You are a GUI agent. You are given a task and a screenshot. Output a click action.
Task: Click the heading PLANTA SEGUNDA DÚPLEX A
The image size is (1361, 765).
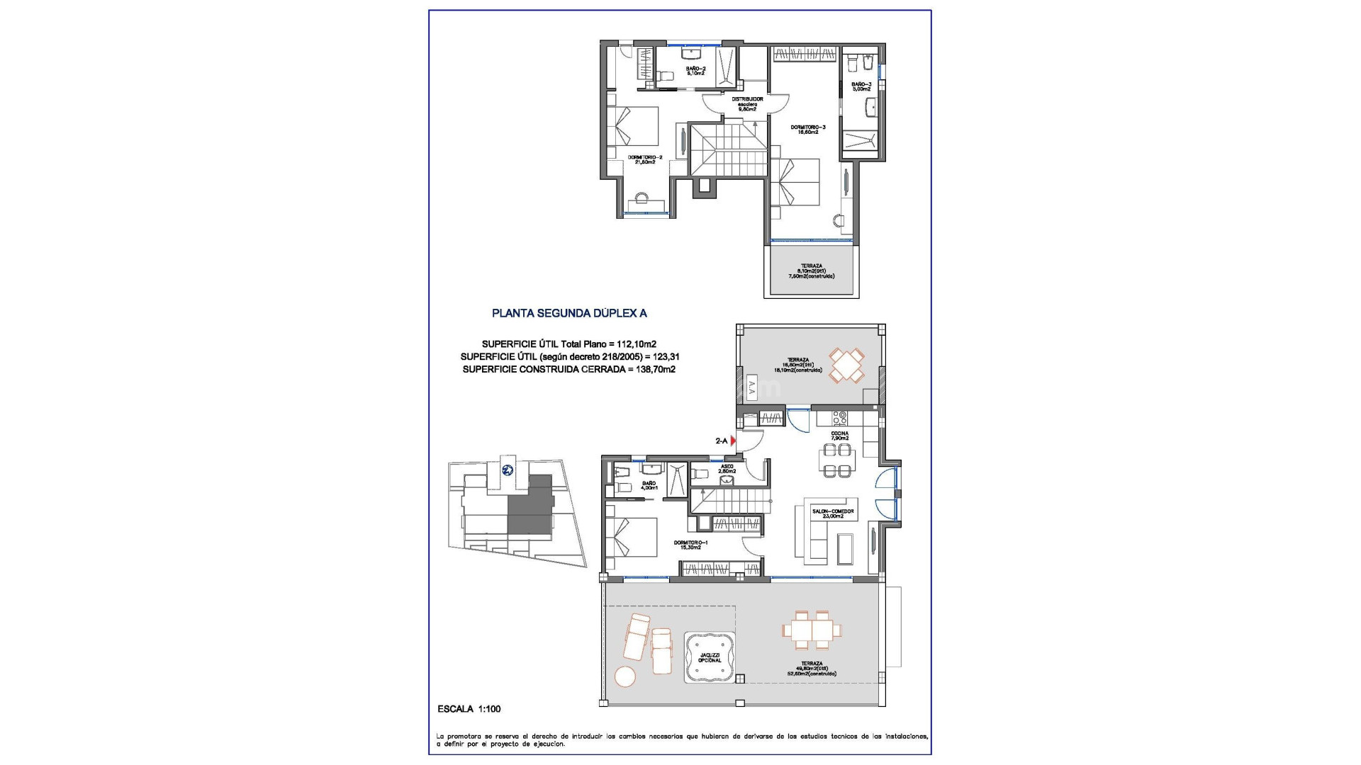point(569,312)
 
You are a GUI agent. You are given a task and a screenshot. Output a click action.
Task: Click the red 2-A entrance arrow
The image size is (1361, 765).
point(734,441)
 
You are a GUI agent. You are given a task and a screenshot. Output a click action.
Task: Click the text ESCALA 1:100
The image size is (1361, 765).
point(469,709)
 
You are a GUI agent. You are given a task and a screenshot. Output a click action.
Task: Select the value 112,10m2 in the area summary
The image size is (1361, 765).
point(637,344)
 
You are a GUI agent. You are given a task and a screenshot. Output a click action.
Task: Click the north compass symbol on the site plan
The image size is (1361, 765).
point(508,470)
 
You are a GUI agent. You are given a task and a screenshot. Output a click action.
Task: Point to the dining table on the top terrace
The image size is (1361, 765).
point(847,365)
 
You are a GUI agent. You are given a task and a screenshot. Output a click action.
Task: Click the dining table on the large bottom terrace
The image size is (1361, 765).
point(812,630)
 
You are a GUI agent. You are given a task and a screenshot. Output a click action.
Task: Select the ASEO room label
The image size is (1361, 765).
point(727,468)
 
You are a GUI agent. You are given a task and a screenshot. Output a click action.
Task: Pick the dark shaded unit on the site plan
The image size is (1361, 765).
point(530,507)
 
